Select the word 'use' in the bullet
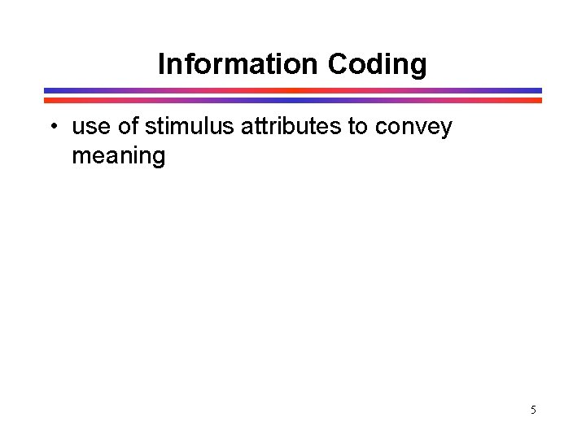(x=90, y=128)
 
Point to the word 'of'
(x=129, y=128)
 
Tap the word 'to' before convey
(x=358, y=128)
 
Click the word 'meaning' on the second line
(x=119, y=155)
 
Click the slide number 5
(x=533, y=410)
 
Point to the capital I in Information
(x=161, y=63)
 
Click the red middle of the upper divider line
(x=293, y=90)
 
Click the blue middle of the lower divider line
(x=293, y=100)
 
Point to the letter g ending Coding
(x=418, y=66)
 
